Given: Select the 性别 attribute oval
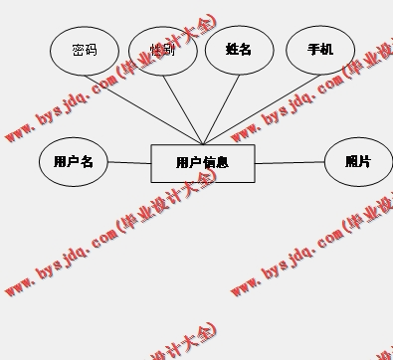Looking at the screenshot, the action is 162,51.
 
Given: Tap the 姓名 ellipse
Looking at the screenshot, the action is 239,50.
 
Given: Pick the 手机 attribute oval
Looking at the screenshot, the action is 320,50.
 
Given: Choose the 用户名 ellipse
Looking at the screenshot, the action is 73,162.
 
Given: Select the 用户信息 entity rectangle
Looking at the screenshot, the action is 203,163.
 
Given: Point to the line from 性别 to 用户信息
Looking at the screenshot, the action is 183,110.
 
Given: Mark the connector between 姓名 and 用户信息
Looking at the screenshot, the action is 220,110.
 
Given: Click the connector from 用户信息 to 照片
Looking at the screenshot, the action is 290,163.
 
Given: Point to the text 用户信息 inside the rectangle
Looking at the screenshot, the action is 203,163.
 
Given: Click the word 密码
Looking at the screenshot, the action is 85,50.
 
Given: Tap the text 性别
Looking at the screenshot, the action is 162,50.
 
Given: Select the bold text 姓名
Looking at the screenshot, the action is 239,49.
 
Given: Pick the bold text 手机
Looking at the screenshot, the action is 320,49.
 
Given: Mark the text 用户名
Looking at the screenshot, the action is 73,161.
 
